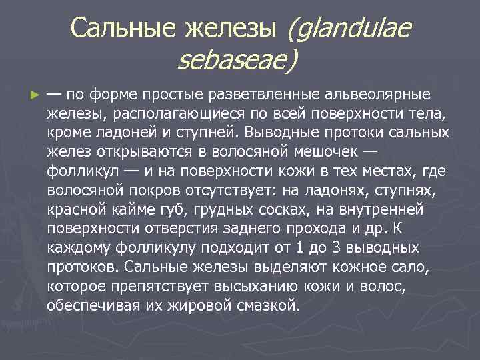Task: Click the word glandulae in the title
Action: (x=349, y=28)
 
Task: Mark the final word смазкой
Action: (x=263, y=307)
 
